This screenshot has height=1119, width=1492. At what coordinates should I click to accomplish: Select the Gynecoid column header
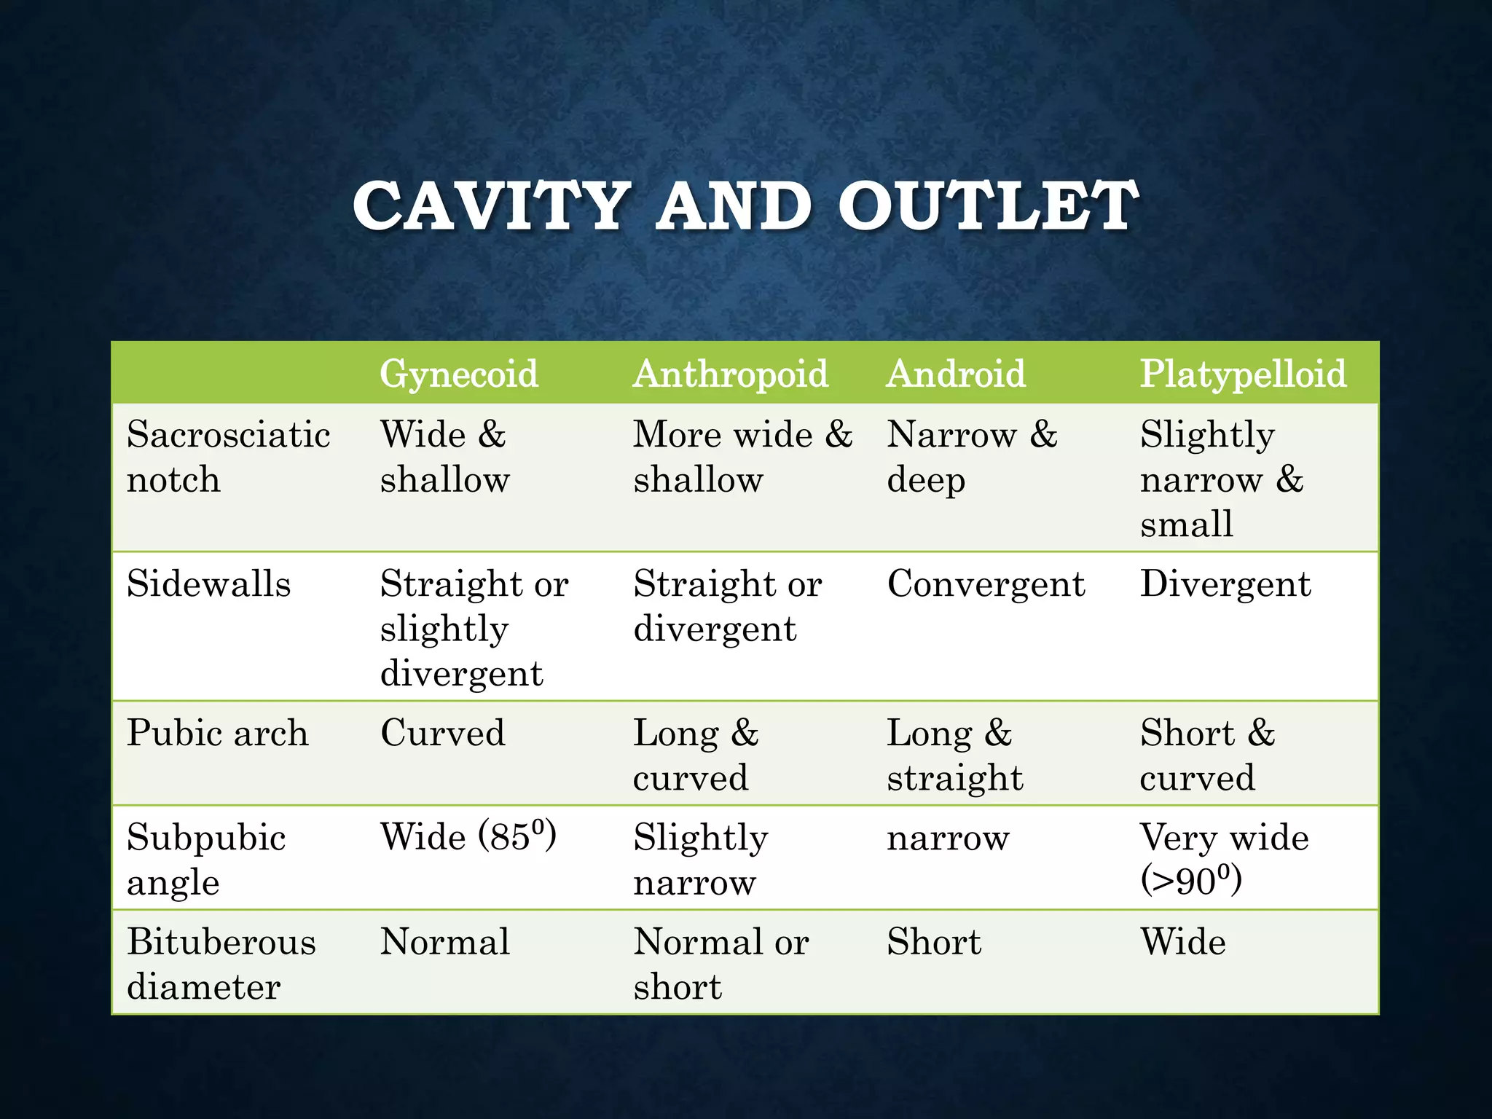click(459, 374)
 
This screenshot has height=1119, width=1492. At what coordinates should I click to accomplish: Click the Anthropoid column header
click(731, 374)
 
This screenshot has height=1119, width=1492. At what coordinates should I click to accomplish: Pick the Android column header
click(956, 374)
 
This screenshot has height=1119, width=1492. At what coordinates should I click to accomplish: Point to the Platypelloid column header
click(1243, 374)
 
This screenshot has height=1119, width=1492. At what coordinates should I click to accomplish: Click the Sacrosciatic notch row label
click(228, 457)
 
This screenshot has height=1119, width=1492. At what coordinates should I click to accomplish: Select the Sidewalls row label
click(208, 584)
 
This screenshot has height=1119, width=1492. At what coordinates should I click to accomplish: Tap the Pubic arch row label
click(217, 733)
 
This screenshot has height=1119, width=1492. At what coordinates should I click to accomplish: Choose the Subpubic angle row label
click(206, 859)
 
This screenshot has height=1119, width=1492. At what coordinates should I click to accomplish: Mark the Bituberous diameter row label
click(221, 964)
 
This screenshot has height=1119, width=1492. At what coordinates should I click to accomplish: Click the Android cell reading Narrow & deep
click(972, 457)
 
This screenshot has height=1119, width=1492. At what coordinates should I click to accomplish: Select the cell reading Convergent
click(986, 584)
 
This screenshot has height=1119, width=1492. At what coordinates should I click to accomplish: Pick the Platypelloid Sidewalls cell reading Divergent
click(1225, 584)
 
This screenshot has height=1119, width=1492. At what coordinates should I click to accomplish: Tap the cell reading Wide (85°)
click(468, 836)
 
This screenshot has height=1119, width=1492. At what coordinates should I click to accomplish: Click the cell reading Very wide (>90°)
click(1224, 858)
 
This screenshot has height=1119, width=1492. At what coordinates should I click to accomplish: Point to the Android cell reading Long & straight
click(954, 755)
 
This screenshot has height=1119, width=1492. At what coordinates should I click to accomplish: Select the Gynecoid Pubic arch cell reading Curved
click(443, 733)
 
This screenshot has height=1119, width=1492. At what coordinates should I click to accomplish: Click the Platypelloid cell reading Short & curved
click(1207, 755)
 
